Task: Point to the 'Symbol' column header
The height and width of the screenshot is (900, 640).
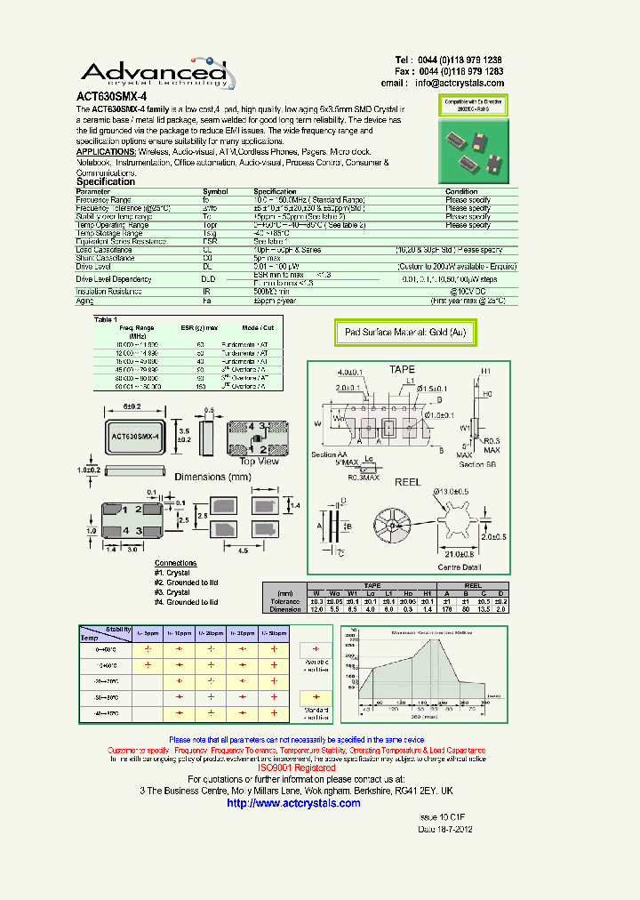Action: coord(215,191)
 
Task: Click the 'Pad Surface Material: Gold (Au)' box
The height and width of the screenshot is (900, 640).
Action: coord(405,333)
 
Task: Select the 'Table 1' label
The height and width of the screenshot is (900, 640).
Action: coord(106,318)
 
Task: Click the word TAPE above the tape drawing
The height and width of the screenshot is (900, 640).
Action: coord(402,369)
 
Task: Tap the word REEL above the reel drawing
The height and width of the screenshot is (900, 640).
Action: coord(407,481)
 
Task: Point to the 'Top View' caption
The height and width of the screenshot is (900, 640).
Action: coord(260,461)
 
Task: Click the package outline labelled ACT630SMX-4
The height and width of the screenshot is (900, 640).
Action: coord(134,437)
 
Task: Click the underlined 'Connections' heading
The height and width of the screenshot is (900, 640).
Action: coord(175,563)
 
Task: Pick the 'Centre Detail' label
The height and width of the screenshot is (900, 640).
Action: coord(460,567)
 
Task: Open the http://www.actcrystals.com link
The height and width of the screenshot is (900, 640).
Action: coord(294,803)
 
